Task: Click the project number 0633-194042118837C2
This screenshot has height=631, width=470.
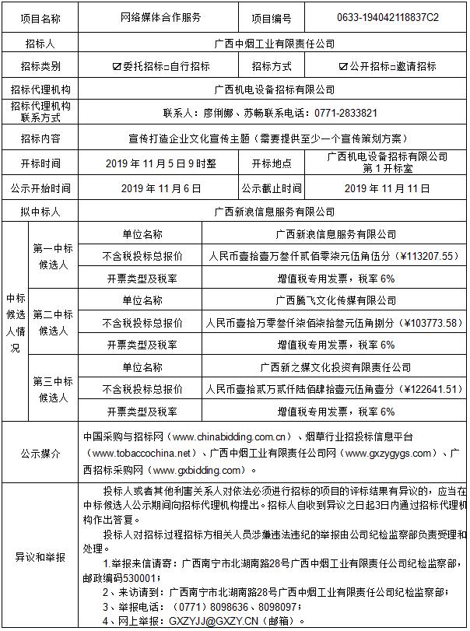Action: pos(388,16)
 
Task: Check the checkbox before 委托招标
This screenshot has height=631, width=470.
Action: pos(117,67)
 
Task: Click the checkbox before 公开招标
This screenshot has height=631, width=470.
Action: pos(343,67)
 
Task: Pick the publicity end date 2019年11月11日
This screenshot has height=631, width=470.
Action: pos(387,188)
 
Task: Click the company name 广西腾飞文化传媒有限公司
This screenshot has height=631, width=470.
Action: pos(335,300)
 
